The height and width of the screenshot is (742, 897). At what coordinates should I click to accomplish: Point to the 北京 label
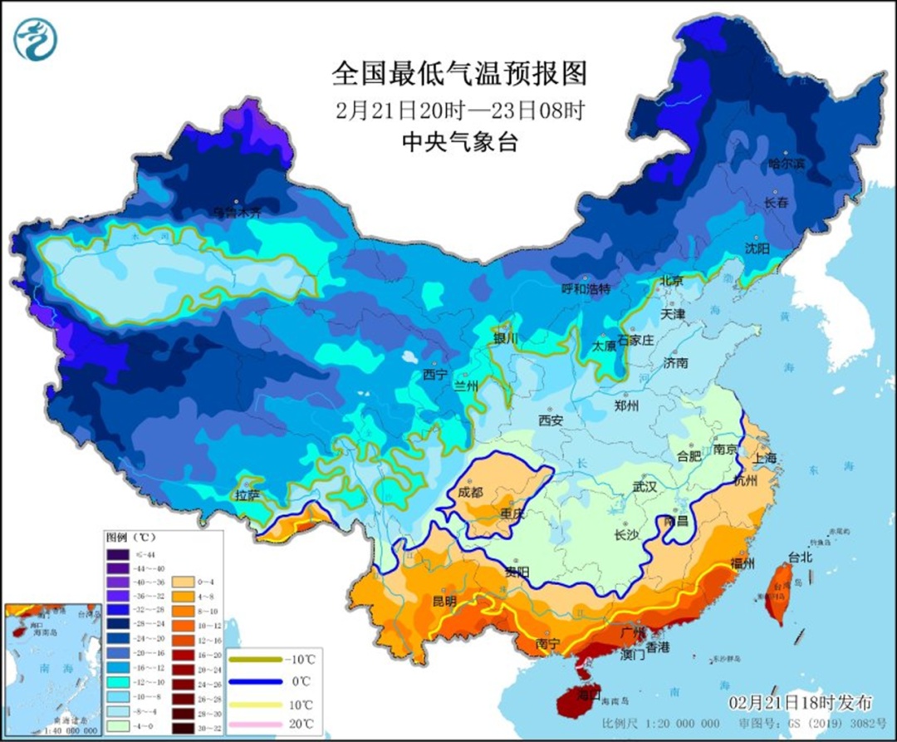point(671,282)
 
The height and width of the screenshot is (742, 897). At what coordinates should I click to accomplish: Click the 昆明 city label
point(444,601)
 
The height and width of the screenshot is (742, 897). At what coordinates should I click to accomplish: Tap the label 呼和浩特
point(586,289)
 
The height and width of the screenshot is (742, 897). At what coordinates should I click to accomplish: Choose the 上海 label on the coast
point(765,458)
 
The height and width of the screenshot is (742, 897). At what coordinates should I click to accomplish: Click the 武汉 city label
point(644,487)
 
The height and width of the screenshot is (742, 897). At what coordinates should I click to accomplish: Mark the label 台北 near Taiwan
point(799,558)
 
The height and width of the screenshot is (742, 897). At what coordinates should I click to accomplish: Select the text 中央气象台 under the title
point(458,143)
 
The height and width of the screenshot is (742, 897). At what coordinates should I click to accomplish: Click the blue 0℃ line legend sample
point(256,681)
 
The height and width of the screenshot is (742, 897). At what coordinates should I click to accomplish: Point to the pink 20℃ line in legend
point(256,725)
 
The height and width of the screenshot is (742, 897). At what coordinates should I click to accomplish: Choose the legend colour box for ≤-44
point(117,554)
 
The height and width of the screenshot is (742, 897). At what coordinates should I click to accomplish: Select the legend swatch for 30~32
point(184,729)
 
